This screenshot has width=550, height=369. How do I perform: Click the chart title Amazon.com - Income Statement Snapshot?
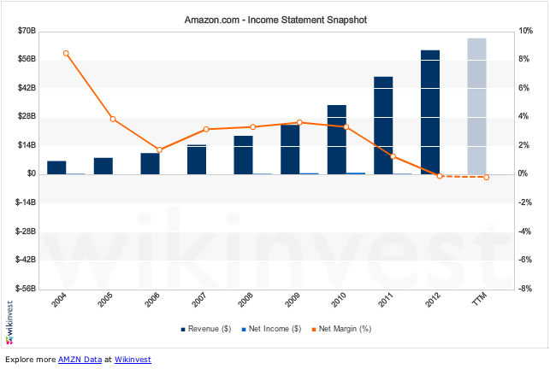pyautogui.click(x=275, y=17)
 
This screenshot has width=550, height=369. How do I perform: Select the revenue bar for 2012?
pyautogui.click(x=430, y=112)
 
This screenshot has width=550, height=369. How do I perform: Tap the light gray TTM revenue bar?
pyautogui.click(x=477, y=106)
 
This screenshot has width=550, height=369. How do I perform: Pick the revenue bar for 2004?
pyautogui.click(x=56, y=167)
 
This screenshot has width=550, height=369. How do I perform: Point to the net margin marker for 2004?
pyautogui.click(x=66, y=53)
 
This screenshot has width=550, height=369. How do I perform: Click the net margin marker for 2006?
pyautogui.click(x=159, y=149)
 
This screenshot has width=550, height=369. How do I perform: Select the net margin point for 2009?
pyautogui.click(x=299, y=122)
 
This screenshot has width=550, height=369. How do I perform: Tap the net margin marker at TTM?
pyautogui.click(x=487, y=177)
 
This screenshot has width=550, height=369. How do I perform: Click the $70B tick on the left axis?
pyautogui.click(x=26, y=31)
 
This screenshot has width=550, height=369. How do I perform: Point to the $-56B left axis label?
pyautogui.click(x=24, y=289)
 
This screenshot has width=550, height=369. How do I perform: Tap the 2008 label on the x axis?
pyautogui.click(x=245, y=302)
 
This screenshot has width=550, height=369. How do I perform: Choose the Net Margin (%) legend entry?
pyautogui.click(x=340, y=328)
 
